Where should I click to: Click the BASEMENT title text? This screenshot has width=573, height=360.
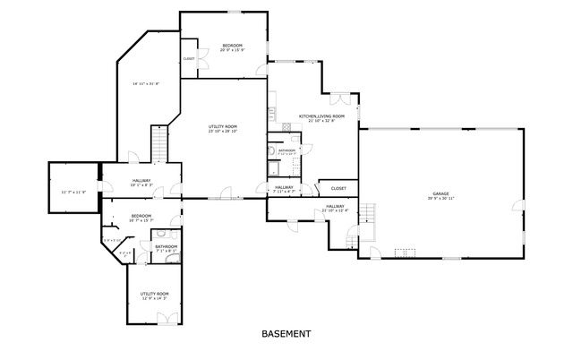click(x=286, y=333)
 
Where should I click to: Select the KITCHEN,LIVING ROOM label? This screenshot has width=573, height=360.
click(x=316, y=116)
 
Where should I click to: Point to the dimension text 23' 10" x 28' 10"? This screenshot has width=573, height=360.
click(x=223, y=132)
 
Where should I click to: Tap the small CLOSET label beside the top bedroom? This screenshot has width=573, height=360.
click(x=189, y=59)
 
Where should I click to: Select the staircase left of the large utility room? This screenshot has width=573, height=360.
click(x=159, y=144)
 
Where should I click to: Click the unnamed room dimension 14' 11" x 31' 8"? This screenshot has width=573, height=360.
click(x=145, y=84)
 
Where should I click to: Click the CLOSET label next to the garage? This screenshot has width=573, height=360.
click(x=338, y=188)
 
